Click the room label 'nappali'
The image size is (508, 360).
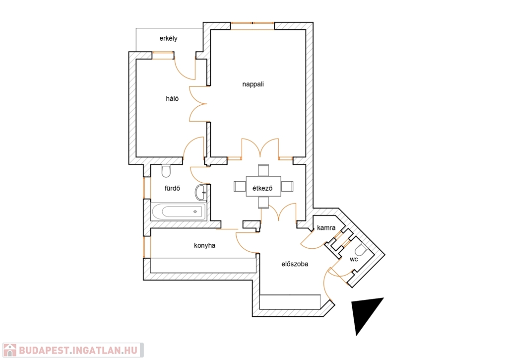(253, 84)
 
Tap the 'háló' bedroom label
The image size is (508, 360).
(172, 98)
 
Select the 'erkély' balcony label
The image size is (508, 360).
(169, 38)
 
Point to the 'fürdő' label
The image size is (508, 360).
(172, 188)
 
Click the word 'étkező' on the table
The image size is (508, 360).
(263, 187)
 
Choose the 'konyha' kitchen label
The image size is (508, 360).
(204, 245)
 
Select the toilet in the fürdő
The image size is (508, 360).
(166, 171)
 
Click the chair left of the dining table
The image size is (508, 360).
(240, 186)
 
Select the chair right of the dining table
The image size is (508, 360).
(287, 186)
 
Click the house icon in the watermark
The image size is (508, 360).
(9, 350)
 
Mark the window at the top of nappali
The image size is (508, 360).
(253, 26)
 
